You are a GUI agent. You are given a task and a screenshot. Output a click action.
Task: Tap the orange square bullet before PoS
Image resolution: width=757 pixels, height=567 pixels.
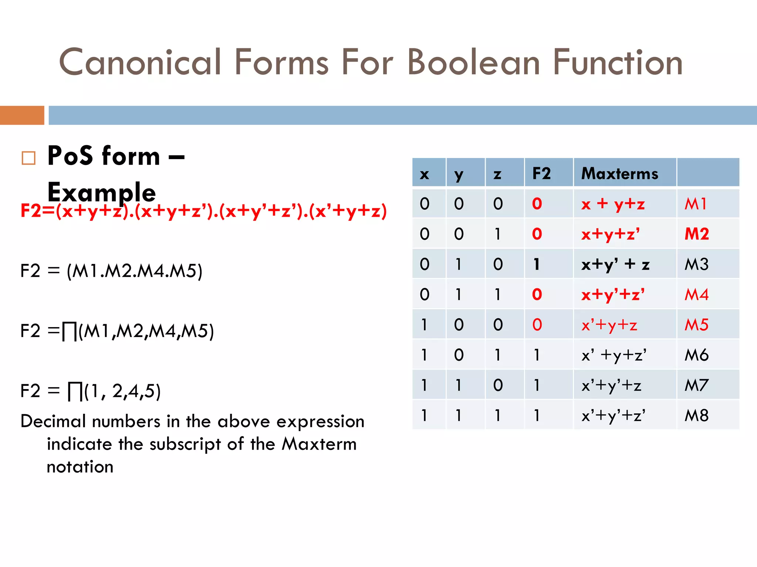(x=28, y=158)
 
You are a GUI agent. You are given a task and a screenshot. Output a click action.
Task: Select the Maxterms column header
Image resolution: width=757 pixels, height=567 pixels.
(x=619, y=173)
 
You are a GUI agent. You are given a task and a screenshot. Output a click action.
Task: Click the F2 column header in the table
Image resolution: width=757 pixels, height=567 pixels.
(x=541, y=173)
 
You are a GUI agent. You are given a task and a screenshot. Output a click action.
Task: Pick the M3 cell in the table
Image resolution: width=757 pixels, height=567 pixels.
(x=696, y=264)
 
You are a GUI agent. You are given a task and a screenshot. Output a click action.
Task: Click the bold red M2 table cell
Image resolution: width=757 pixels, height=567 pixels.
(x=696, y=234)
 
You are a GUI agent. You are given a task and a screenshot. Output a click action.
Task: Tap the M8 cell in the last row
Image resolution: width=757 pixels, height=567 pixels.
(x=696, y=416)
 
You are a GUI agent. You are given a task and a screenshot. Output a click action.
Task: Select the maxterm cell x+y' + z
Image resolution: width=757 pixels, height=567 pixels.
(x=615, y=264)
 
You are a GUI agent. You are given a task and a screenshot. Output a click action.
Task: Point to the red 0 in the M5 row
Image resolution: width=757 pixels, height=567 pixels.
(x=537, y=325)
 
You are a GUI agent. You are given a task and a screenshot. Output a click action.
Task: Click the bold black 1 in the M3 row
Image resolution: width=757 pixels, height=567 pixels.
(x=536, y=264)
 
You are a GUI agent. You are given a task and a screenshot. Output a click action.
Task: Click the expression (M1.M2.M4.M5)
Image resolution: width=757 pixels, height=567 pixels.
(x=135, y=271)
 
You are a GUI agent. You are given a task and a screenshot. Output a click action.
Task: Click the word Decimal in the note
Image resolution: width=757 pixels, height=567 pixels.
(x=54, y=422)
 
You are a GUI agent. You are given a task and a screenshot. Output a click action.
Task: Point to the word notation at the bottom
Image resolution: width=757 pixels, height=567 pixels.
(x=80, y=467)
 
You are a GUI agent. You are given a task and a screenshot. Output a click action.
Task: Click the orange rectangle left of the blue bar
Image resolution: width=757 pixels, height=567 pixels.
(x=22, y=115)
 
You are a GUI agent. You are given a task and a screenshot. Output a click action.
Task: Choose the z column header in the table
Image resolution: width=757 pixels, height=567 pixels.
(x=498, y=173)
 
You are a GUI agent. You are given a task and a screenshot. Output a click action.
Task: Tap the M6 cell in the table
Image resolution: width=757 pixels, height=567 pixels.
(x=696, y=355)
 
